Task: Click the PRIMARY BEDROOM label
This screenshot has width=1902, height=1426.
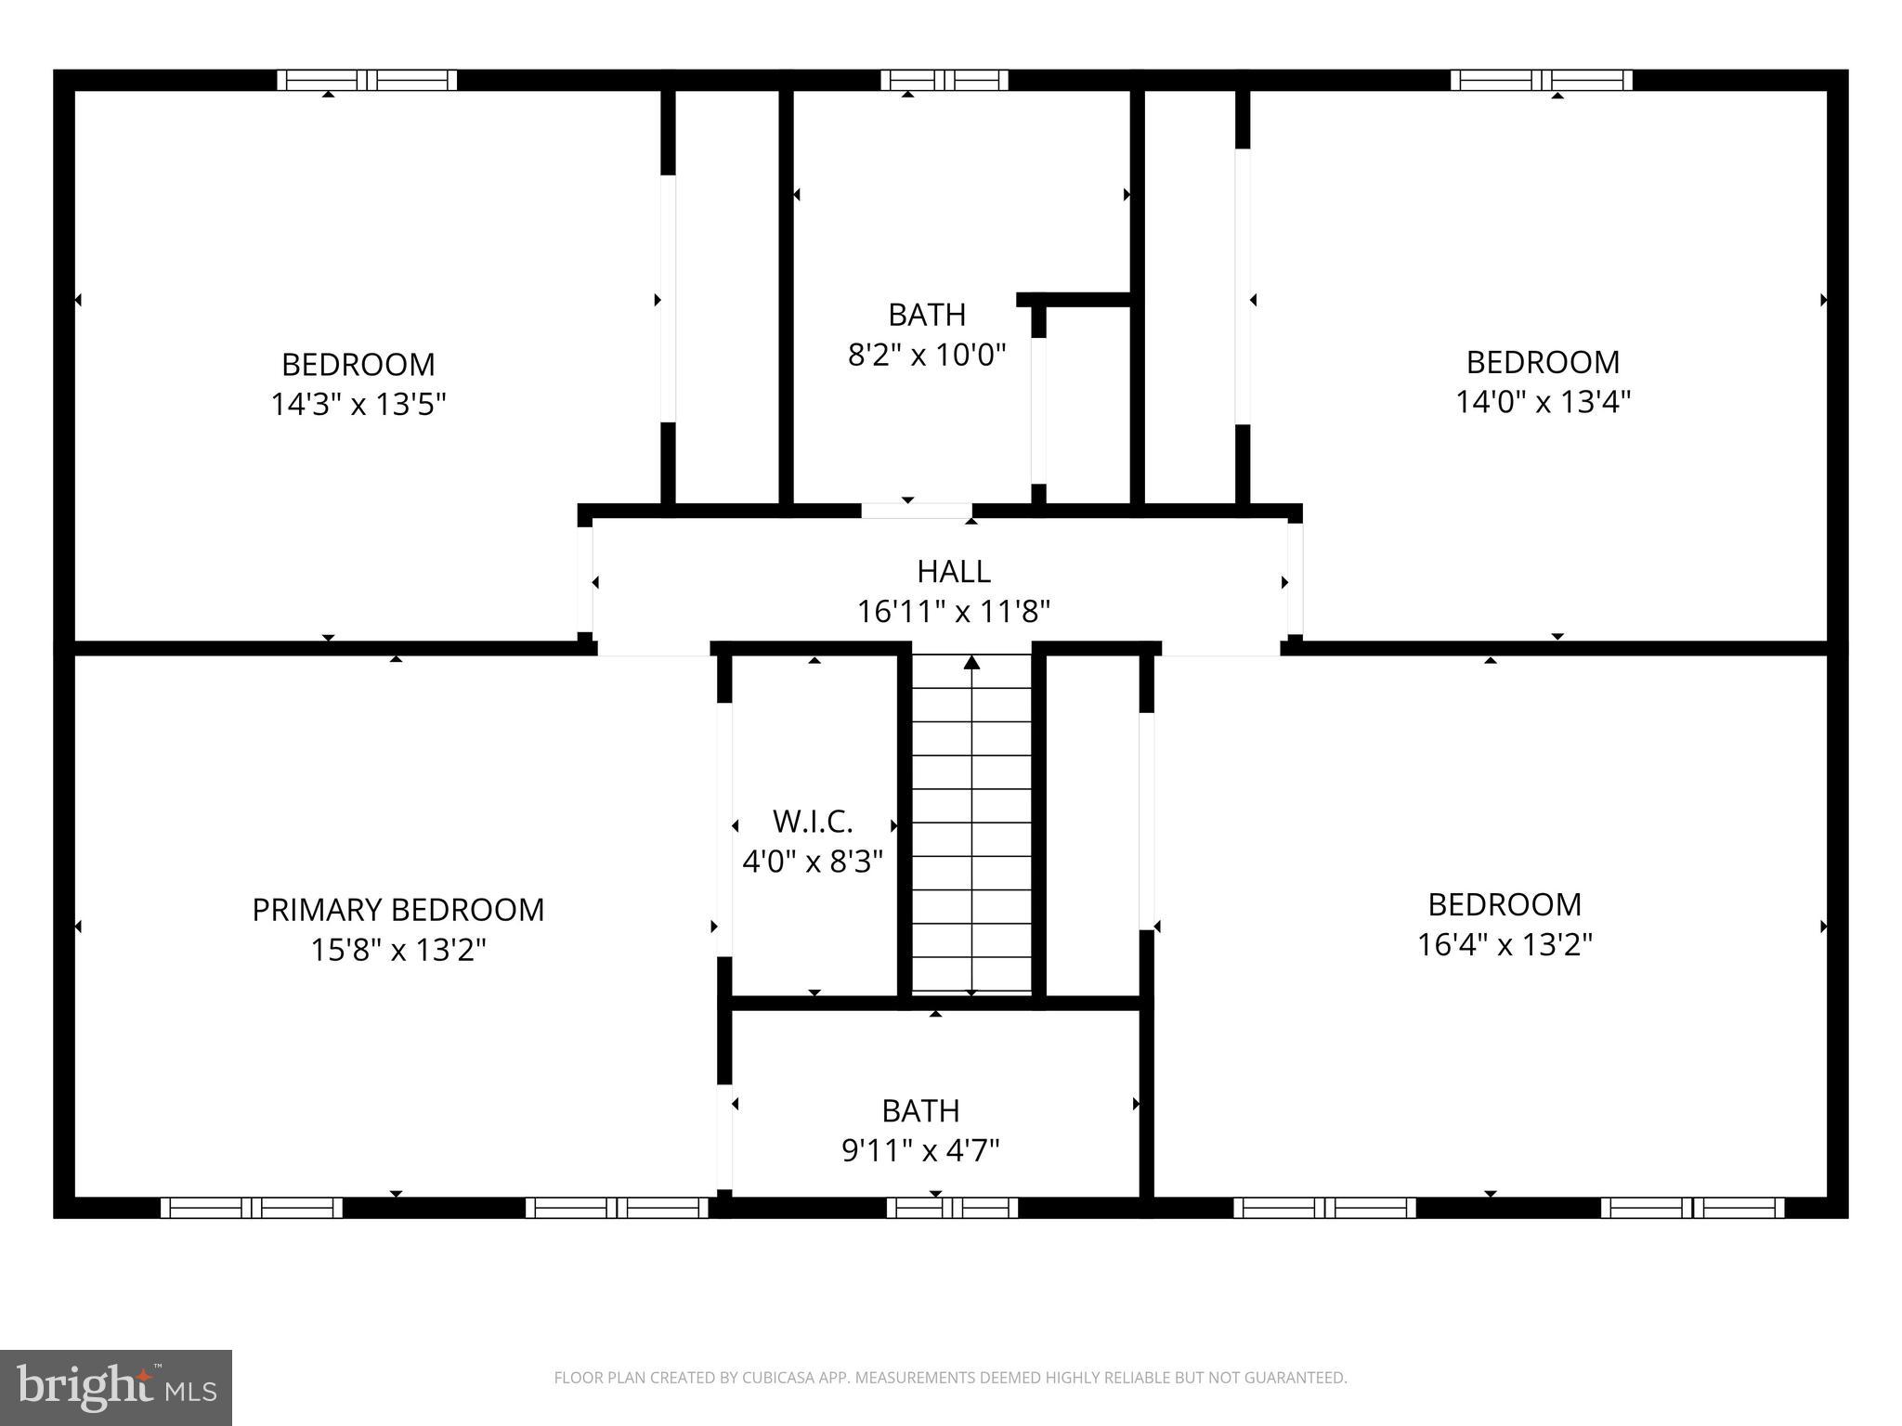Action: (397, 910)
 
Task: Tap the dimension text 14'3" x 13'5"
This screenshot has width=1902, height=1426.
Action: (358, 405)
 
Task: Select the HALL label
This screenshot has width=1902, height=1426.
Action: (953, 571)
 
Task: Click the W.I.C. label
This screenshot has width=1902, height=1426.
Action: (812, 822)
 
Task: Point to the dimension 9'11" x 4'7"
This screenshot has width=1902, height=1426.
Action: (920, 1151)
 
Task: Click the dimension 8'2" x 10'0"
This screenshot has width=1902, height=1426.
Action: (927, 355)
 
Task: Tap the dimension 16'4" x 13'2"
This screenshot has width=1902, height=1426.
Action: (1505, 945)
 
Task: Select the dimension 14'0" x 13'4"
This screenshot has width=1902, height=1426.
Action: (1543, 402)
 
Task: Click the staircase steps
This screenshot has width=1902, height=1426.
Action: (971, 836)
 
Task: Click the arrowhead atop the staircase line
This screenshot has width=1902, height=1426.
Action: (971, 662)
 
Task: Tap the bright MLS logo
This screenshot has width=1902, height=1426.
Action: (115, 1387)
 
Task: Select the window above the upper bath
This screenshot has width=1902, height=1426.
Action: (944, 81)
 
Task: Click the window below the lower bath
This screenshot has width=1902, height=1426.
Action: (952, 1208)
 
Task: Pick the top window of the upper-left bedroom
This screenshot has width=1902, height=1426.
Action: (367, 81)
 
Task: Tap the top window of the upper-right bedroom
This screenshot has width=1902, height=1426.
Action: (1541, 81)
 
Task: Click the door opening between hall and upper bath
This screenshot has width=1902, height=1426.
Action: (916, 511)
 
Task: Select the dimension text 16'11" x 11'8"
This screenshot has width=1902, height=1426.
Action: (953, 612)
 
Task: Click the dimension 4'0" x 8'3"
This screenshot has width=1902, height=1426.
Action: (812, 862)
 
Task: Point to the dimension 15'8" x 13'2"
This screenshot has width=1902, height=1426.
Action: (397, 951)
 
